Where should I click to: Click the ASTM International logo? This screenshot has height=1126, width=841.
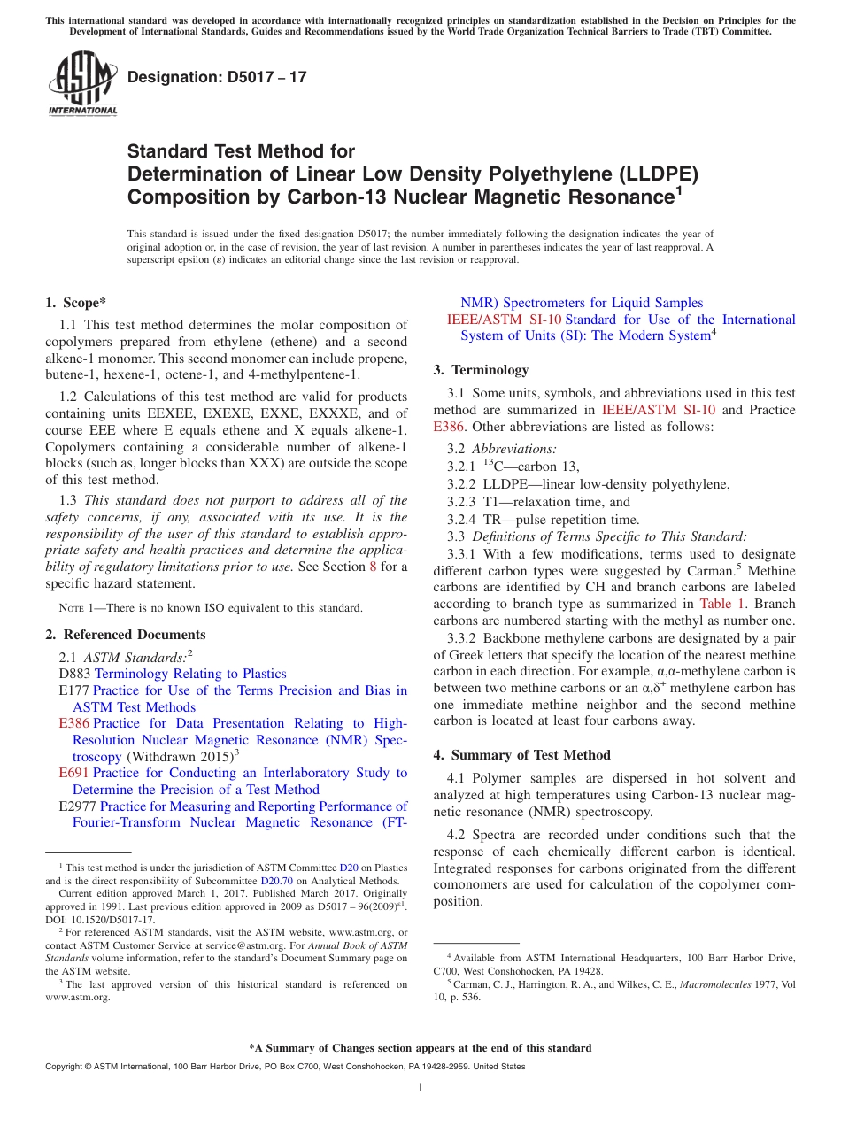pyautogui.click(x=82, y=83)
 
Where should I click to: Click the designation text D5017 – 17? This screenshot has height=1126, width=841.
pyautogui.click(x=217, y=77)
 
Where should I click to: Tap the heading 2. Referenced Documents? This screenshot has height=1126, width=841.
pyautogui.click(x=126, y=635)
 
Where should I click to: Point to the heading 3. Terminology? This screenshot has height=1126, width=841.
pyautogui.click(x=481, y=370)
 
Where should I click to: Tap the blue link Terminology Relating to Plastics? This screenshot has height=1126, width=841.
pyautogui.click(x=190, y=674)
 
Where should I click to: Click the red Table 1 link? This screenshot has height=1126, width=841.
pyautogui.click(x=728, y=604)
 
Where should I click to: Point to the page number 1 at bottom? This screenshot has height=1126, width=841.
pyautogui.click(x=420, y=1087)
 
